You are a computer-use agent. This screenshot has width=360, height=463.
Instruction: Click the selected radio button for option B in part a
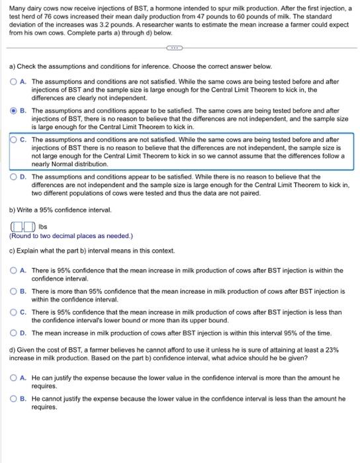coord(13,111)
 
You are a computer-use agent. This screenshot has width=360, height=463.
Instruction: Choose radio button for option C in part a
coord(13,140)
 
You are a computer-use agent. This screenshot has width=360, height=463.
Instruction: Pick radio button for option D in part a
coord(13,177)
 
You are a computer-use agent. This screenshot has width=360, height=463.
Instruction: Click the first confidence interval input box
coord(14,226)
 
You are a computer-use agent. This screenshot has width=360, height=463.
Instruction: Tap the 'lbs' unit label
coord(34,226)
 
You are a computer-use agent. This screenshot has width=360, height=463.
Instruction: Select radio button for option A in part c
coord(13,271)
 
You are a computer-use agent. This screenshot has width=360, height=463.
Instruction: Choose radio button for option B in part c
coord(13,291)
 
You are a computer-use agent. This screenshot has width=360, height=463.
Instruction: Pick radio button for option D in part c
coord(13,333)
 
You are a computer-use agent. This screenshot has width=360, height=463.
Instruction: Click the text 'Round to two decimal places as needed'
coord(71,235)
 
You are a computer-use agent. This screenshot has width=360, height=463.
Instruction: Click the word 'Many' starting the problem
coord(17,7)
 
